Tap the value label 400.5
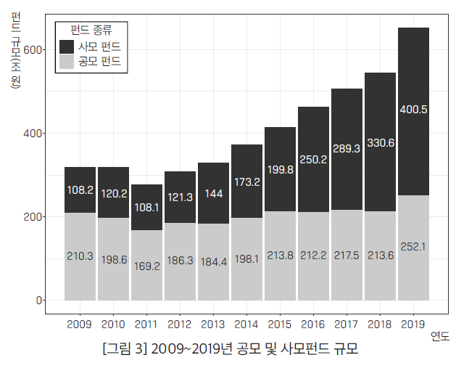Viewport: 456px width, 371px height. point(413,110)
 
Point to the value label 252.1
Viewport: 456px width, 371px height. point(413,247)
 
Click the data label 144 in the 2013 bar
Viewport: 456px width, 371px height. point(213,194)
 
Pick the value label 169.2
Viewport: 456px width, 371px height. point(146,266)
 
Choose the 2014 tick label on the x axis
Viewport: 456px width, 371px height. point(246,324)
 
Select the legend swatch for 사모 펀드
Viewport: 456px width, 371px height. point(66,46)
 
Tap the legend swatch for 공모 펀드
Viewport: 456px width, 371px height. point(66,63)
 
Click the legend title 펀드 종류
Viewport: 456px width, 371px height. point(91,30)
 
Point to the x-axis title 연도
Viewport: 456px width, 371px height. point(440,335)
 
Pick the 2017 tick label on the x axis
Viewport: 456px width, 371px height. point(347,324)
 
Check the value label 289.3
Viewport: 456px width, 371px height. point(347,149)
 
